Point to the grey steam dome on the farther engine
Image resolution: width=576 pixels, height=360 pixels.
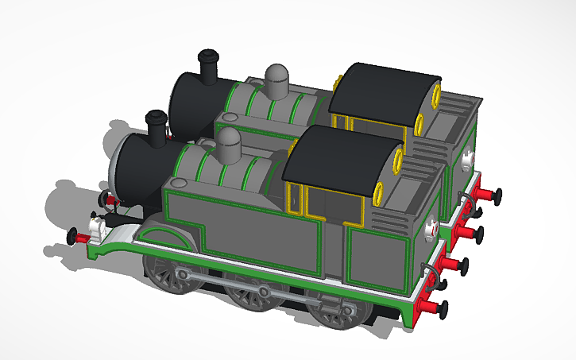pyautogui.click(x=277, y=79)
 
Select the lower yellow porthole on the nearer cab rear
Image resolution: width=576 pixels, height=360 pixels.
pyautogui.click(x=378, y=191)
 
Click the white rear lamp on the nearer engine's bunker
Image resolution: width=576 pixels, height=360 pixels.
pyautogui.click(x=431, y=229)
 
